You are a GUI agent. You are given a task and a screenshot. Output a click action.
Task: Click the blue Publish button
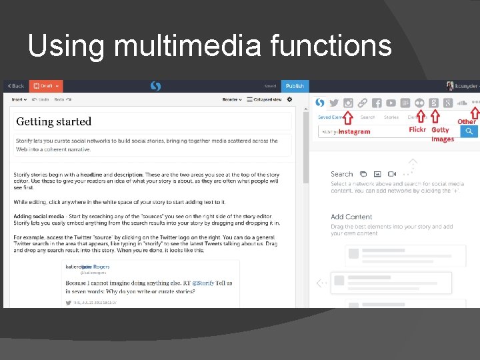coord(295,86)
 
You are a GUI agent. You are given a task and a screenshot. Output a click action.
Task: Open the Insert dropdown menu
coord(18,100)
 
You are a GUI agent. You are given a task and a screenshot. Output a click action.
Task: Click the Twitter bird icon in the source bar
coord(334,103)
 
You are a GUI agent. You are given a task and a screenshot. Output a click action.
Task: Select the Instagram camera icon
coord(348,103)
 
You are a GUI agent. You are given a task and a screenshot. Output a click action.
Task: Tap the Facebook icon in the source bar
coord(377,103)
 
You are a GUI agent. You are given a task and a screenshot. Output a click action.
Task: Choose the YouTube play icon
coord(391,103)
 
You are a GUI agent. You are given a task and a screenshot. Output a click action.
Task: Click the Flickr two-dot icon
coord(419,103)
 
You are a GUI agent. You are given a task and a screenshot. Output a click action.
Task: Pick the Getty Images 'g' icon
coord(433,103)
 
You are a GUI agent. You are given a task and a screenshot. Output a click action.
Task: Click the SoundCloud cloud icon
coord(461,103)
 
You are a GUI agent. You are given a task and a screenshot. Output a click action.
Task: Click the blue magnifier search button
coord(469,131)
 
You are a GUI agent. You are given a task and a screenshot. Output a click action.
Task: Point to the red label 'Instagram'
coord(354,132)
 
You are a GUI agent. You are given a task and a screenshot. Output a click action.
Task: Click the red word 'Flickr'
coord(417,130)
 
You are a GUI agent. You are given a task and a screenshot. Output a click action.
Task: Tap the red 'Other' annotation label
coord(467,122)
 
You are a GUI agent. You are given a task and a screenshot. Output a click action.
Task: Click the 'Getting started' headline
coord(54,121)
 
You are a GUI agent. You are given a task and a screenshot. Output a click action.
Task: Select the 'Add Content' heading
coord(351,217)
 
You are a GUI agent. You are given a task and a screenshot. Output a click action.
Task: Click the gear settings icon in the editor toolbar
coord(289,100)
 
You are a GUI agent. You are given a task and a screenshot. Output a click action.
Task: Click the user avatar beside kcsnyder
coord(449,86)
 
